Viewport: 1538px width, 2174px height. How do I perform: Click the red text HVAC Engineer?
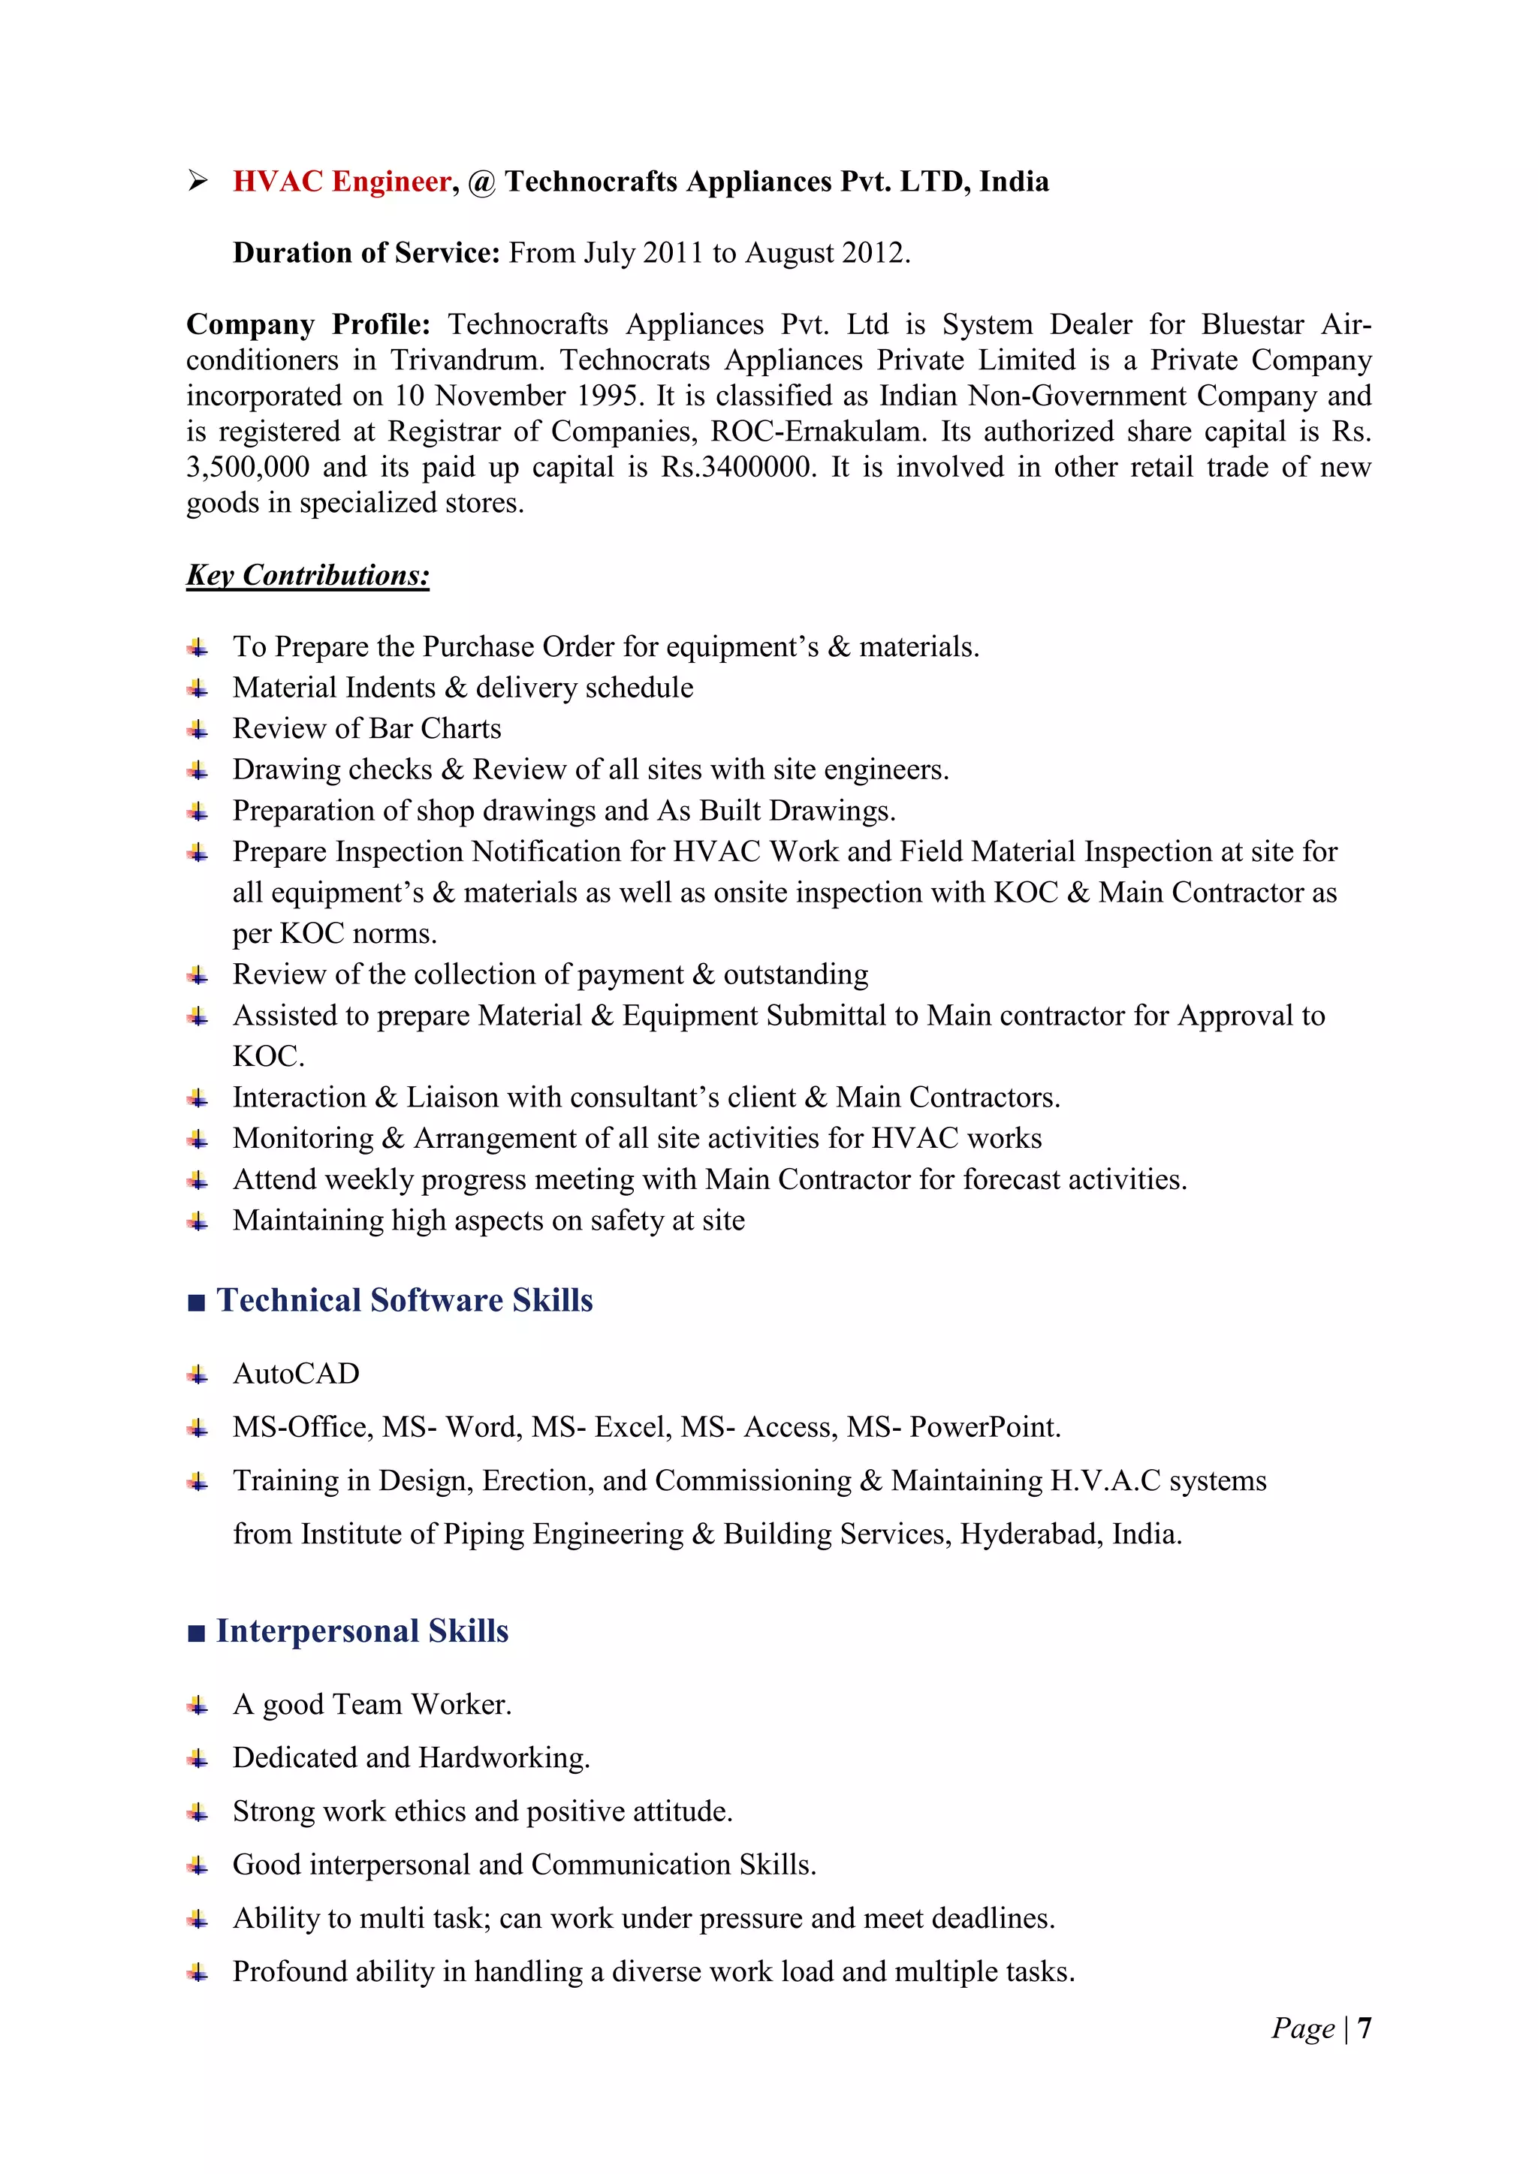[342, 181]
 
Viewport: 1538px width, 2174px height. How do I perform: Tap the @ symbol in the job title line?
[481, 182]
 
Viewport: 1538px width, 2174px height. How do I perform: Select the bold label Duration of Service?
[366, 253]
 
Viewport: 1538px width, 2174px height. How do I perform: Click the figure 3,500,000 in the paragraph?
[247, 467]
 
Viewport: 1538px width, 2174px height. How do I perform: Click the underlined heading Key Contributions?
[308, 575]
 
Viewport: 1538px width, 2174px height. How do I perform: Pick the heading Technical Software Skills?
[404, 1300]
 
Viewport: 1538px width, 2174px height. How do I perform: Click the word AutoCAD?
[297, 1373]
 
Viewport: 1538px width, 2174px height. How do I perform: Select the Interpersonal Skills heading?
[362, 1630]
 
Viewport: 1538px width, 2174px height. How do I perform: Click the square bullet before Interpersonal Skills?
[196, 1634]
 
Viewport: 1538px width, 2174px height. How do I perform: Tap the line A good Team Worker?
[372, 1704]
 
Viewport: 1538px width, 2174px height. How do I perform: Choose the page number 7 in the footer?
[1364, 2028]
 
